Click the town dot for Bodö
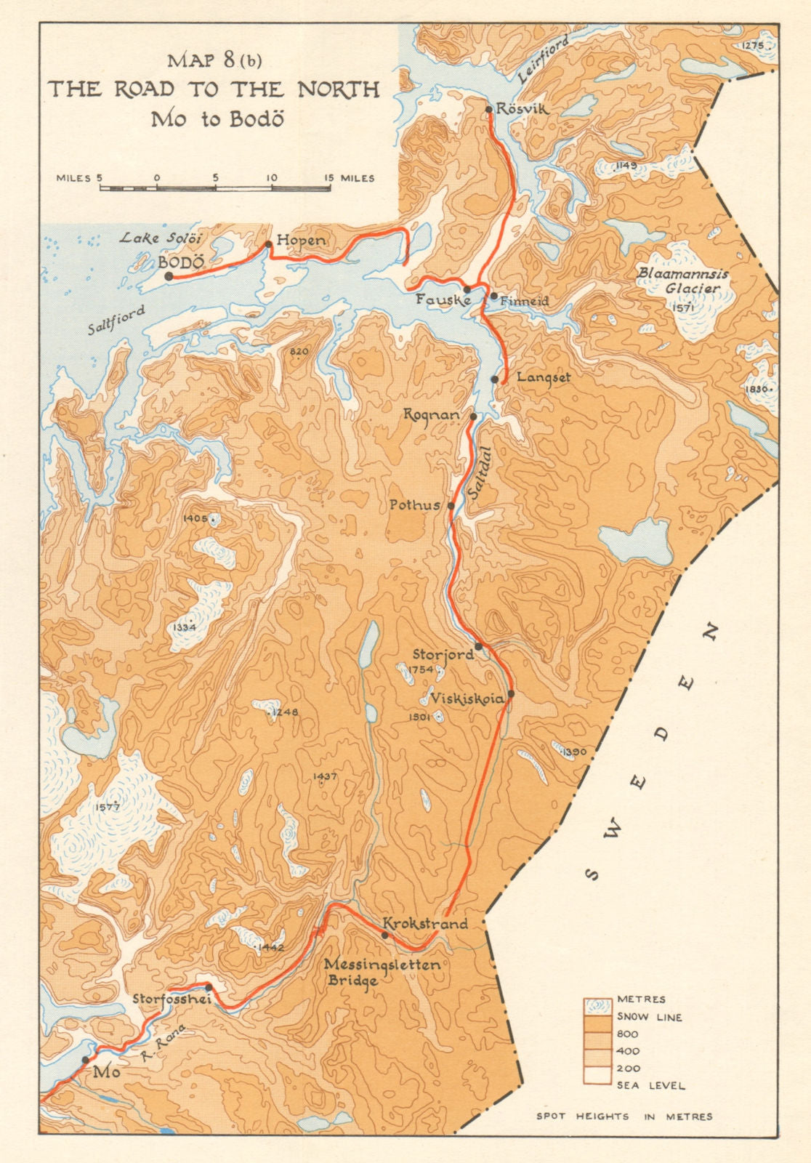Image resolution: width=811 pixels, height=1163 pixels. tap(169, 276)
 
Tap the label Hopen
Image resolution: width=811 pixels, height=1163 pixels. tap(301, 240)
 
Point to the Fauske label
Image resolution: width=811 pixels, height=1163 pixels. tap(443, 299)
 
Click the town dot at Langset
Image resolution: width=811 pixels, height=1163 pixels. tap(495, 379)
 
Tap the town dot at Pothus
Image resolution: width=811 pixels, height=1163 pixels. tap(451, 505)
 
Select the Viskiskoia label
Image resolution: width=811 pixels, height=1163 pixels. tap(467, 699)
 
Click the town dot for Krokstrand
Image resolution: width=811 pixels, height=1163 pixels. tap(385, 935)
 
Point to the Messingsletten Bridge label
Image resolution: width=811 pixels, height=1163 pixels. tap(382, 972)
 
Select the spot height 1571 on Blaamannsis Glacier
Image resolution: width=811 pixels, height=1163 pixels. tap(685, 307)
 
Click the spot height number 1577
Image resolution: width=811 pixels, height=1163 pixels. tap(106, 806)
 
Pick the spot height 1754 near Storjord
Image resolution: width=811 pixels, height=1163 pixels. tap(421, 669)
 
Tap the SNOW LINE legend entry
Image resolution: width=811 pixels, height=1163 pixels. tap(649, 1017)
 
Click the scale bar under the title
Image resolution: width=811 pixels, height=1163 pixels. tap(215, 188)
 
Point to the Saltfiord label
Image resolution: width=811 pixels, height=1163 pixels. tap(116, 320)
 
